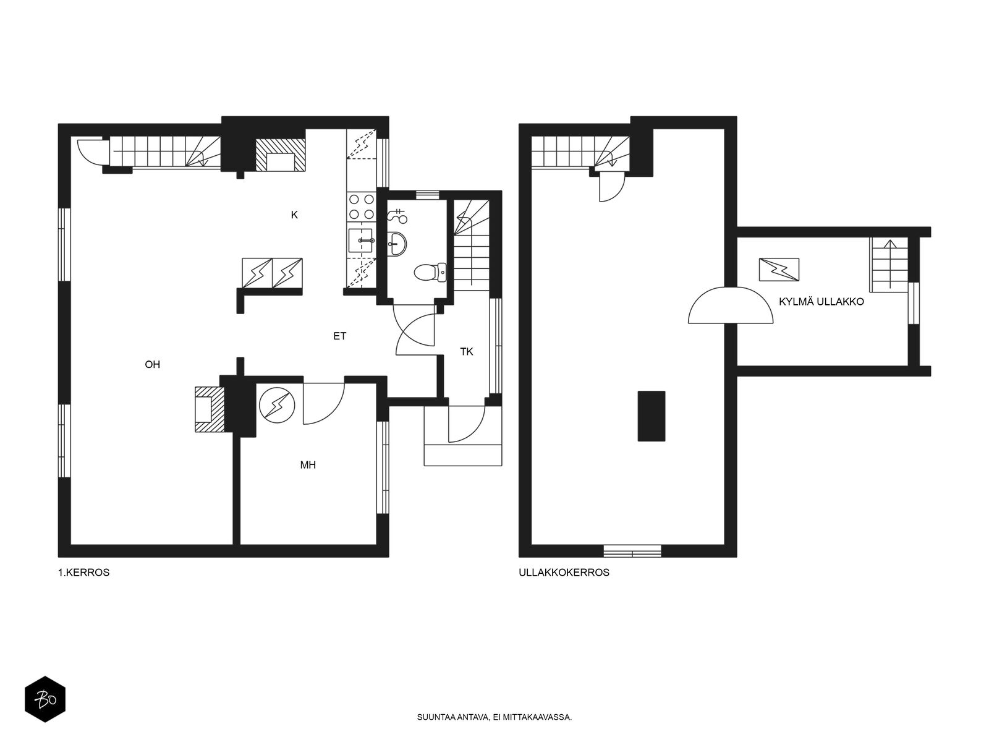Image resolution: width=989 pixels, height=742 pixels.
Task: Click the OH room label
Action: (152, 364)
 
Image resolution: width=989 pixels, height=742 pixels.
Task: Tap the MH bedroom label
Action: (308, 465)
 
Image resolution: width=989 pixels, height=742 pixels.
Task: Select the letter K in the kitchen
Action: (294, 215)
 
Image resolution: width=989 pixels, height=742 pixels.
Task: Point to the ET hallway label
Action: (340, 336)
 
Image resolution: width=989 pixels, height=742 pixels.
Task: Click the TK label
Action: (467, 352)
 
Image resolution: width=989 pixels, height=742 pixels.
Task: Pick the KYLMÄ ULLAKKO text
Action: (821, 302)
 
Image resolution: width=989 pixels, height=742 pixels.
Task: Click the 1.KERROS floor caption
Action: (84, 573)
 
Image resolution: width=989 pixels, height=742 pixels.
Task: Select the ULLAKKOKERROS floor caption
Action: (564, 573)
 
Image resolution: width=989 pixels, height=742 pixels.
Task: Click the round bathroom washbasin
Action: (397, 244)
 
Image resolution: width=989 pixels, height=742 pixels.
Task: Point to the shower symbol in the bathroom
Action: (397, 216)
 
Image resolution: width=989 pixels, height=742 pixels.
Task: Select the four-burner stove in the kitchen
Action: (362, 207)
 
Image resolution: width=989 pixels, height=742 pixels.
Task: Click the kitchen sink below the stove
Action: (360, 241)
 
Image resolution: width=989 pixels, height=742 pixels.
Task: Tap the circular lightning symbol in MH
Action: (277, 406)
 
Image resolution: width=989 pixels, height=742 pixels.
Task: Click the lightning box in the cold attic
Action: (779, 270)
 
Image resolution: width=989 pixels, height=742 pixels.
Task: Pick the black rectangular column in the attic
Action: (652, 416)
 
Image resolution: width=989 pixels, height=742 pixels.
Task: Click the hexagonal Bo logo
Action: (45, 699)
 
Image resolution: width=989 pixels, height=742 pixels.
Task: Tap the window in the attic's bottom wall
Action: (632, 551)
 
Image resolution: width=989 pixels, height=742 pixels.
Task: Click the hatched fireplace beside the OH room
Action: (210, 409)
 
